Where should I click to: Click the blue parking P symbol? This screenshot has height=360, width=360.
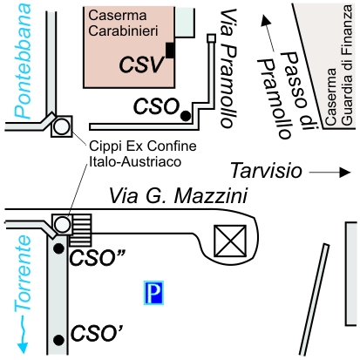[x=153, y=293]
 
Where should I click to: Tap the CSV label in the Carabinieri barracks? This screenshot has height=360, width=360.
[x=141, y=65]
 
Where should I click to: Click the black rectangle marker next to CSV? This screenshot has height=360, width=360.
[x=170, y=51]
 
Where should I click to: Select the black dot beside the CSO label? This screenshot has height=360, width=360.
[x=186, y=116]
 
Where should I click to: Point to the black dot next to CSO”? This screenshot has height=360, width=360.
[x=59, y=248]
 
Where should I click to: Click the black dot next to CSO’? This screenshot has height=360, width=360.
[x=59, y=340]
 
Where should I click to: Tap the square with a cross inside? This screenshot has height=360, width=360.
[x=230, y=241]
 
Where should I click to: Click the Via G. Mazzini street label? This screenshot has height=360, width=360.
[x=179, y=196]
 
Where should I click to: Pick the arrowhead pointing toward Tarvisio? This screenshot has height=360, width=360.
[x=345, y=173]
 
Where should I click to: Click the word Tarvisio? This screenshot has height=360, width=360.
[x=266, y=171]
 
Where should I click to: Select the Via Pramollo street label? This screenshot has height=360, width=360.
[x=229, y=68]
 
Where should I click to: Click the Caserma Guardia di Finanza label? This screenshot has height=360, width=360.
[x=339, y=65]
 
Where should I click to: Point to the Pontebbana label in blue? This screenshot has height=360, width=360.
[x=23, y=61]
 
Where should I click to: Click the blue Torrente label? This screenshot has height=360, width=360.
[x=23, y=273]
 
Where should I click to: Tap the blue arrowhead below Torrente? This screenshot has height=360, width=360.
[x=23, y=348]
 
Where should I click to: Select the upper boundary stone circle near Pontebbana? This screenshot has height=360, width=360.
[x=62, y=126]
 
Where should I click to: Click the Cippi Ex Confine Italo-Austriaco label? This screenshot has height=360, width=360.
[x=143, y=153]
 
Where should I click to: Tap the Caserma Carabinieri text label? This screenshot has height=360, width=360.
[x=123, y=23]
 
